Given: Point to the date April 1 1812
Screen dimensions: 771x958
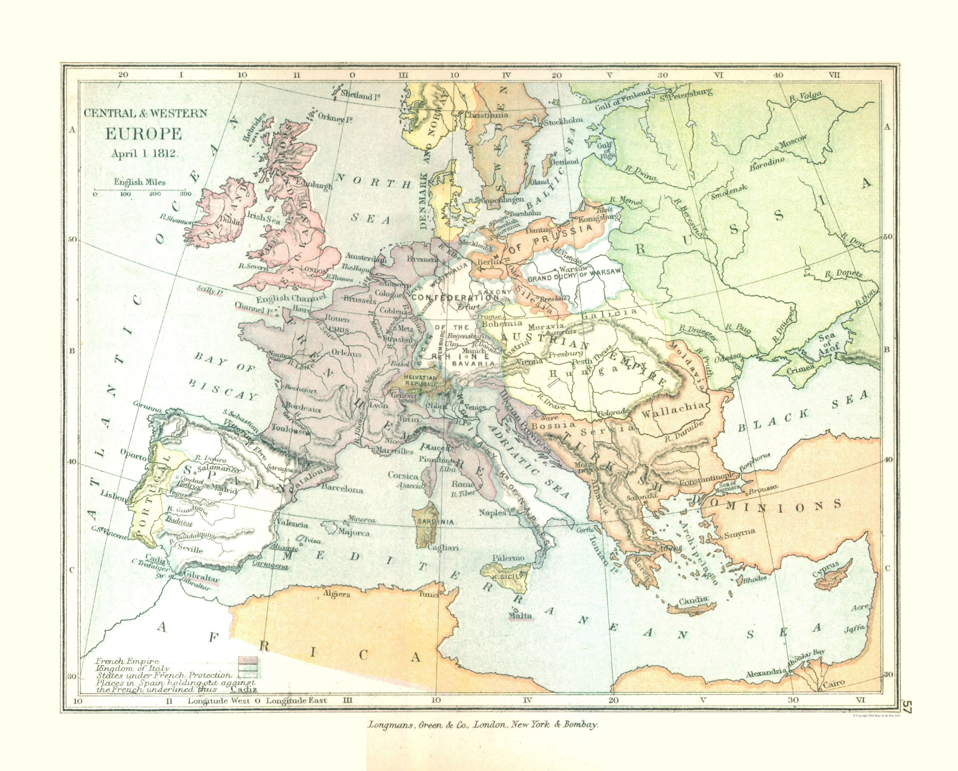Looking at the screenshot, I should [x=145, y=153].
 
